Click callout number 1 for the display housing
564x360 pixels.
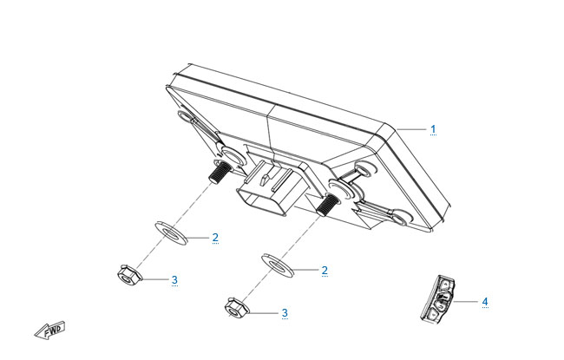pyautogui.click(x=433, y=129)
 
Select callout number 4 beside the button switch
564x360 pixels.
pyautogui.click(x=485, y=302)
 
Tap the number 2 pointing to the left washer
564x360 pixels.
pyautogui.click(x=215, y=238)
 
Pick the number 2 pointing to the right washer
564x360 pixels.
pyautogui.click(x=325, y=271)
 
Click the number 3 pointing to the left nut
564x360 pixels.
pyautogui.click(x=174, y=280)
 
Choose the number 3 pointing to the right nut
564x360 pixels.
pyautogui.click(x=285, y=312)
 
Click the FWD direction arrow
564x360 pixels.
pyautogui.click(x=50, y=331)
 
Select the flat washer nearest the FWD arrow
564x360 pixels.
pyautogui.click(x=170, y=233)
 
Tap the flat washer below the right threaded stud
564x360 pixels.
pyautogui.click(x=278, y=265)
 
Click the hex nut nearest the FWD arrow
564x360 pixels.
pyautogui.click(x=128, y=275)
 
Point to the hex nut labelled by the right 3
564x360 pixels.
pyautogui.click(x=236, y=309)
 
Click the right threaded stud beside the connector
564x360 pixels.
pyautogui.click(x=326, y=204)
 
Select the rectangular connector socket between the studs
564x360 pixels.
pyautogui.click(x=269, y=190)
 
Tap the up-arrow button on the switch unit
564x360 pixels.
pyautogui.click(x=446, y=285)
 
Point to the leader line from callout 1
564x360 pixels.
pyautogui.click(x=411, y=129)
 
